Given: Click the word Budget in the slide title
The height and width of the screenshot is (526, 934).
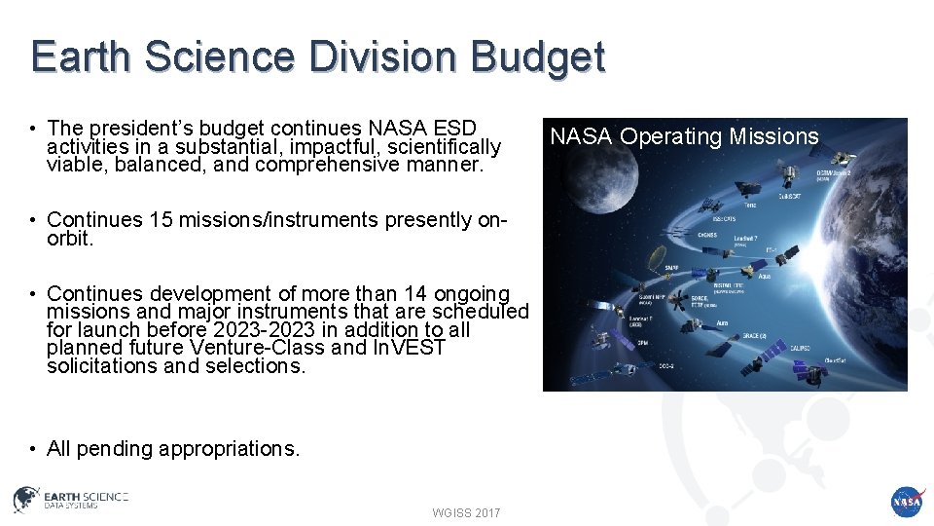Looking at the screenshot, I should point(538,56).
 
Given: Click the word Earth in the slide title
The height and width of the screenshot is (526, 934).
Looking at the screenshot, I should point(78,56).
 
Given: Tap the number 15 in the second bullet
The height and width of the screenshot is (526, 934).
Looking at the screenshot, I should point(162,220).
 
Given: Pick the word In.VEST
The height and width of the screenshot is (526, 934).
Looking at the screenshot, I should point(409,348).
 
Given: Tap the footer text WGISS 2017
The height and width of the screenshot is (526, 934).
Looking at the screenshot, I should point(466,512).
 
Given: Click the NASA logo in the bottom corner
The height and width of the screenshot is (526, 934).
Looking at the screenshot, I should point(906,502).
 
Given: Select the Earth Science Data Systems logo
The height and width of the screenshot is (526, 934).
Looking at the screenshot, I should point(70,500).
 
